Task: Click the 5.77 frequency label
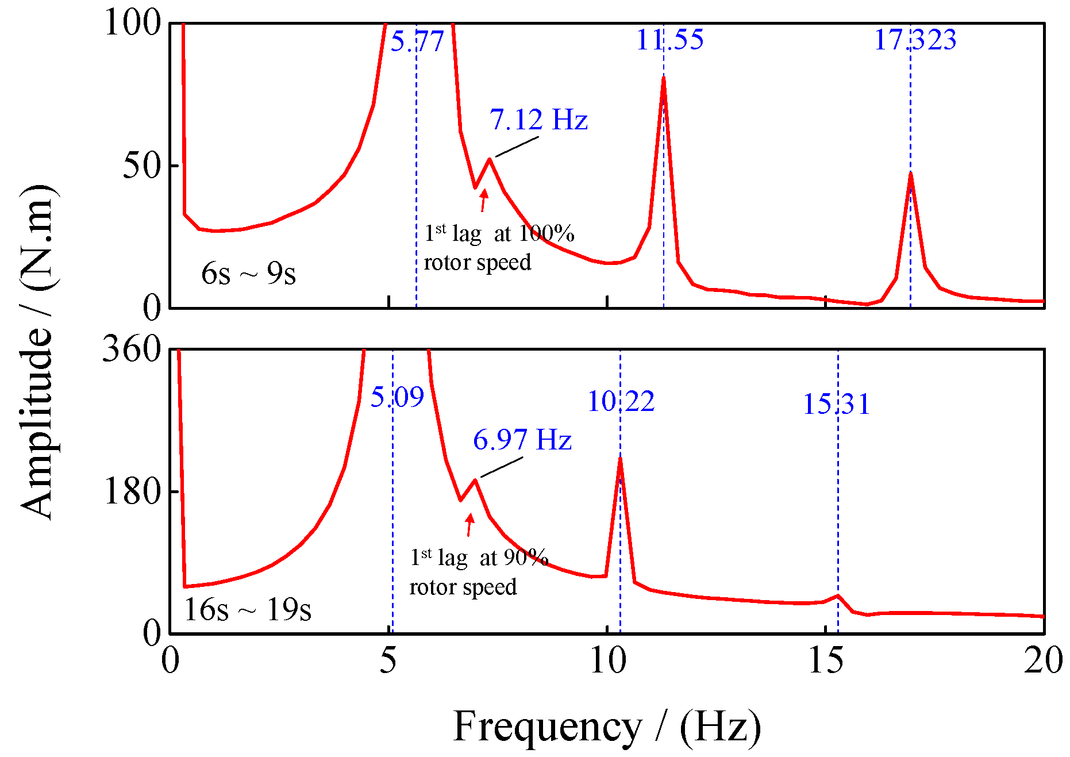417,41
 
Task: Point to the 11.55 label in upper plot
669,40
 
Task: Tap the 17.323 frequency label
915,40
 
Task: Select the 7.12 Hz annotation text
538,120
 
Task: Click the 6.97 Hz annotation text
522,440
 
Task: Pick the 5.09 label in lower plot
397,397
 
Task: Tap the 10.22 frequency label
621,401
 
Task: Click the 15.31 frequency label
836,404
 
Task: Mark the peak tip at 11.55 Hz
664,78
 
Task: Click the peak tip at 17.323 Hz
911,173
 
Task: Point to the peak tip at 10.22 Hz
620,458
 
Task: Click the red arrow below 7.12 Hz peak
484,200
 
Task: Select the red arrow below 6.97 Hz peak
469,524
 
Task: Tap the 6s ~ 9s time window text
248,274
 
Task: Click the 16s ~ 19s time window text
247,609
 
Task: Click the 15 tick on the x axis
826,660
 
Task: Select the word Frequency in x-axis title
547,727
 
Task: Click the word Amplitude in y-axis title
37,422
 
